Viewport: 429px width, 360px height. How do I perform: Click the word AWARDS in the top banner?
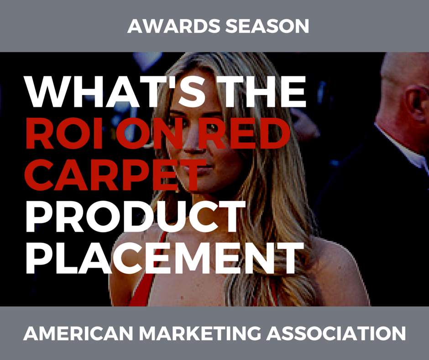173,26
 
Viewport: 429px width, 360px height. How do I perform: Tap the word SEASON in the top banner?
267,26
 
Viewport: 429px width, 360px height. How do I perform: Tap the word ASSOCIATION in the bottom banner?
336,334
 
